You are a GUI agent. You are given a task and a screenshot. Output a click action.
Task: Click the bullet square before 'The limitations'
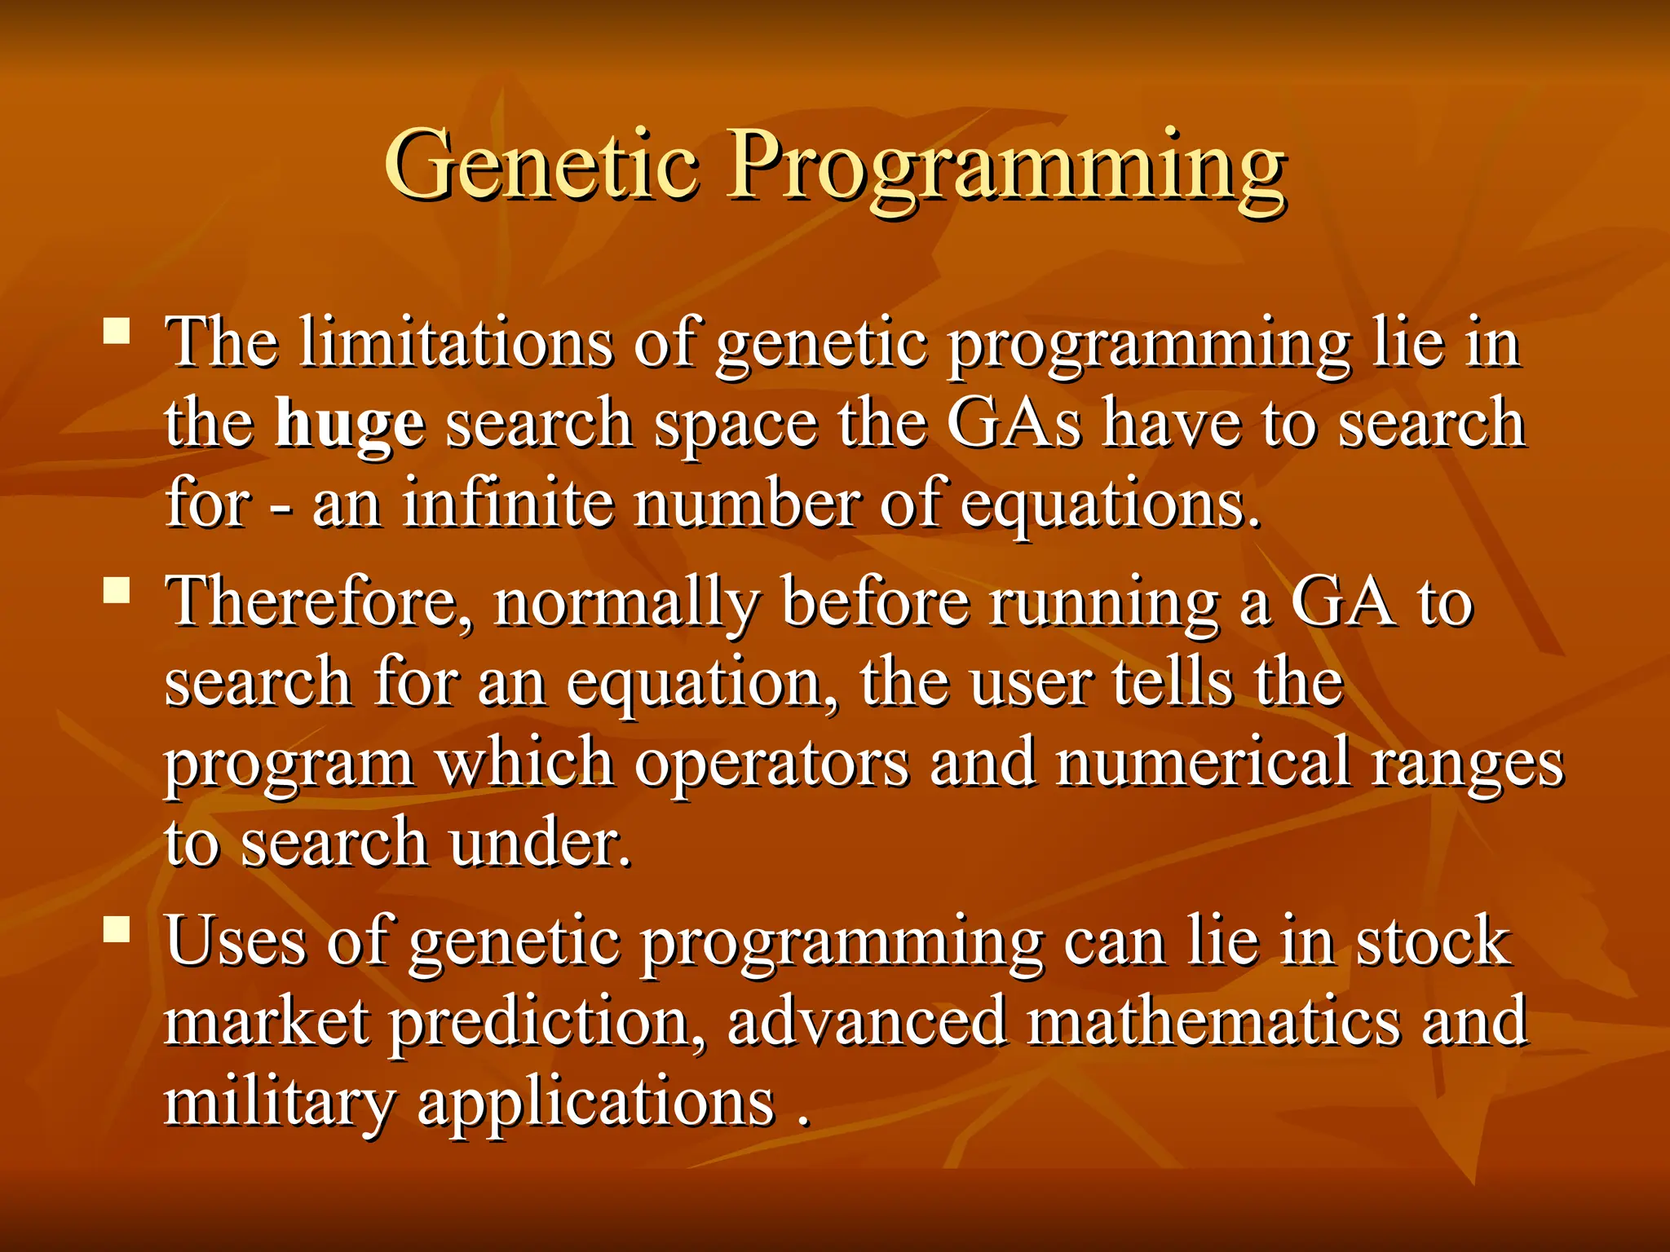click(117, 331)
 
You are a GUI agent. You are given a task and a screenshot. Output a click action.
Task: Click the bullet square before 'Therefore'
click(117, 589)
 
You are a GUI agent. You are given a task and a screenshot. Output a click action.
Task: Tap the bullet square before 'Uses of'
click(117, 928)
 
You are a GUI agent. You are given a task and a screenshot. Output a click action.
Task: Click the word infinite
click(507, 504)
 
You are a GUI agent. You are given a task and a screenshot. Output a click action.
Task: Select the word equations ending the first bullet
click(1108, 505)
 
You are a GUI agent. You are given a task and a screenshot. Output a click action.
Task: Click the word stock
click(1432, 941)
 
